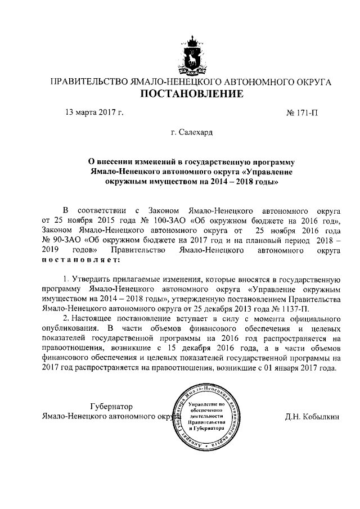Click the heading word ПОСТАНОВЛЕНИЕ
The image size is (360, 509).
point(192,93)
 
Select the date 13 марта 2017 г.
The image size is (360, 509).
point(94,112)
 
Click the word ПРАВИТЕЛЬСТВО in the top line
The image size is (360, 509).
point(90,82)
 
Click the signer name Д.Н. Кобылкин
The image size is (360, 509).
point(313,417)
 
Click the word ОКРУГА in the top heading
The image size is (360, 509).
point(312,82)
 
